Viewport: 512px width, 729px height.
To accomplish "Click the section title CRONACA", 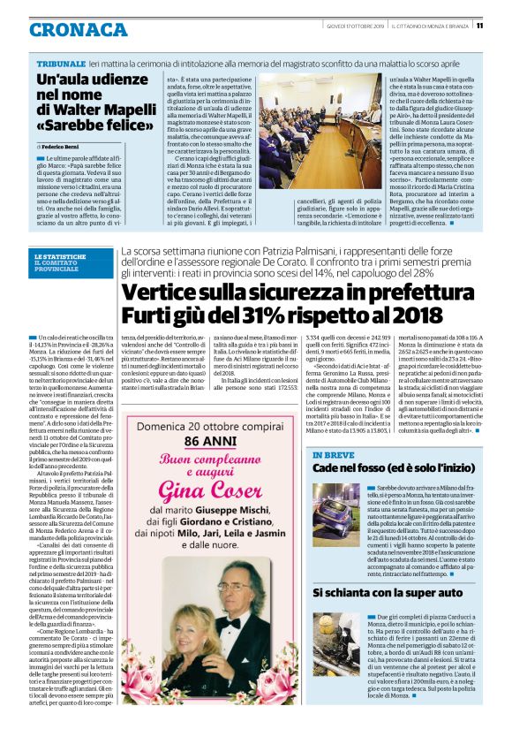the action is (x=79, y=30).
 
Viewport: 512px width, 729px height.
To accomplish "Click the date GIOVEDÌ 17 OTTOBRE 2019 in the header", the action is (x=350, y=26).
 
